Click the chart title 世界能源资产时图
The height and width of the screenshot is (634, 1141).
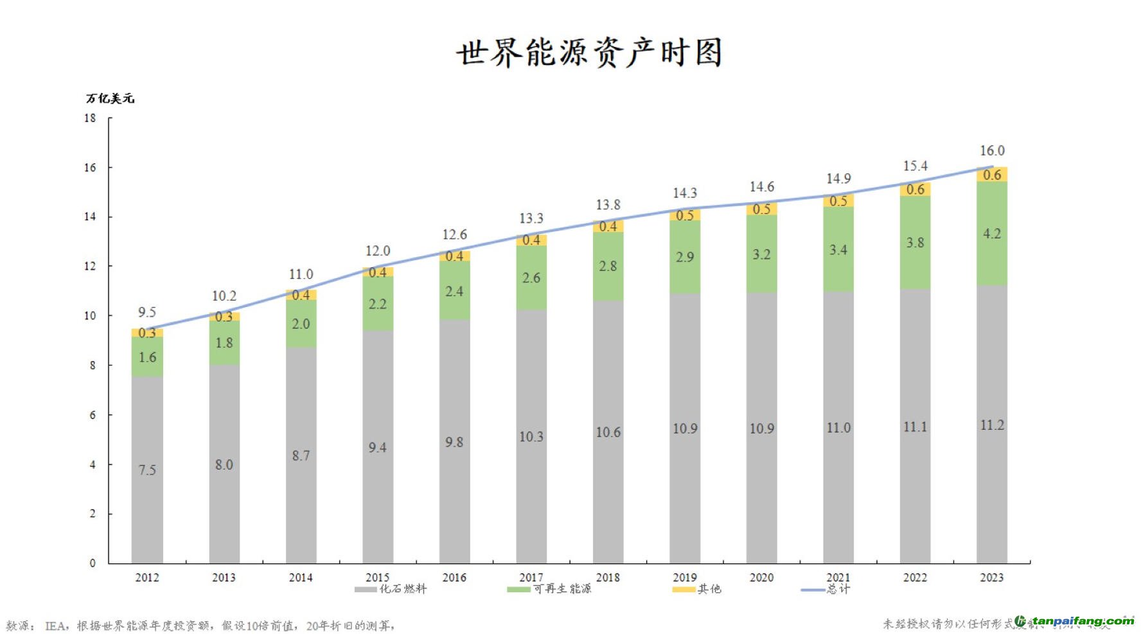pyautogui.click(x=589, y=53)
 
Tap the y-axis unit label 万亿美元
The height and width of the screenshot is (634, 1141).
pyautogui.click(x=110, y=98)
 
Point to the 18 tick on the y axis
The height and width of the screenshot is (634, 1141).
pyautogui.click(x=90, y=118)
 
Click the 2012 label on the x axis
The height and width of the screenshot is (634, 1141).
pyautogui.click(x=147, y=577)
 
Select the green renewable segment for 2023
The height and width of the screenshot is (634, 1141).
pyautogui.click(x=991, y=234)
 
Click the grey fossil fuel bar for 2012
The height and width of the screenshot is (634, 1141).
pyautogui.click(x=147, y=469)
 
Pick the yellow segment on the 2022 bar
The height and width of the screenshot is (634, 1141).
pyautogui.click(x=915, y=189)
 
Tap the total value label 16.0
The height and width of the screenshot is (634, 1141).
pyautogui.click(x=991, y=151)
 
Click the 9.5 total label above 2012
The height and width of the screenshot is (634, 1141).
pyautogui.click(x=147, y=313)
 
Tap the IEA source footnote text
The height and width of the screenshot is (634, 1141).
pyautogui.click(x=200, y=626)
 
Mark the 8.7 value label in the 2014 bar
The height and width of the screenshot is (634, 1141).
pyautogui.click(x=301, y=455)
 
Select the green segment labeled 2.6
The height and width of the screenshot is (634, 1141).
pyautogui.click(x=531, y=278)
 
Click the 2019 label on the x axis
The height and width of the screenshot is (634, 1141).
pyautogui.click(x=685, y=577)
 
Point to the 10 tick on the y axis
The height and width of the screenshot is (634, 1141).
pyautogui.click(x=90, y=316)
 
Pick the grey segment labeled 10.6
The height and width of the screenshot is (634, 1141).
pyautogui.click(x=608, y=432)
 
